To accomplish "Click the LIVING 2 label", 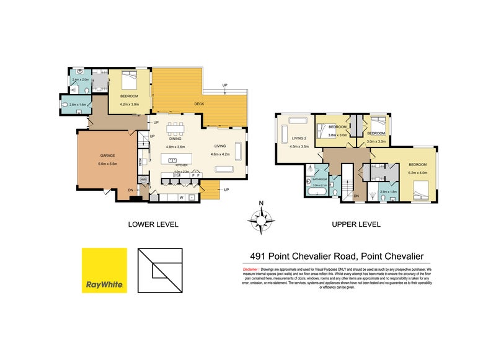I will [291, 139].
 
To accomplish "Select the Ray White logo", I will [105, 270].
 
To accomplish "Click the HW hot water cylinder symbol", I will [143, 180].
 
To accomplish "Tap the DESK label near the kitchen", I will [141, 163].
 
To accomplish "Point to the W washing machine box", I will [181, 198].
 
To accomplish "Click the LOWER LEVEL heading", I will [153, 224].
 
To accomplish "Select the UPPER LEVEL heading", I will [356, 224].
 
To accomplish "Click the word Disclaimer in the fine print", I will [250, 270].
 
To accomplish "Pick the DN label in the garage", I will [131, 190].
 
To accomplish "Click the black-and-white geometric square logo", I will [159, 270].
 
